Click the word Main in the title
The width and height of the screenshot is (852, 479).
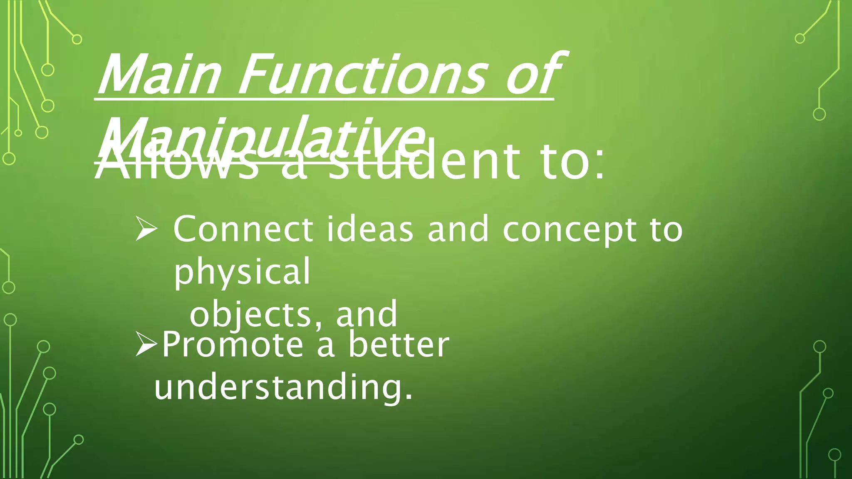click(158, 75)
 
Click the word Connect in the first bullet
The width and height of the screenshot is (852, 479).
click(243, 229)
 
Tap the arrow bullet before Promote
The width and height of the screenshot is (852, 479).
click(146, 345)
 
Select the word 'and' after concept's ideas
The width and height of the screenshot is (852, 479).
click(458, 229)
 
